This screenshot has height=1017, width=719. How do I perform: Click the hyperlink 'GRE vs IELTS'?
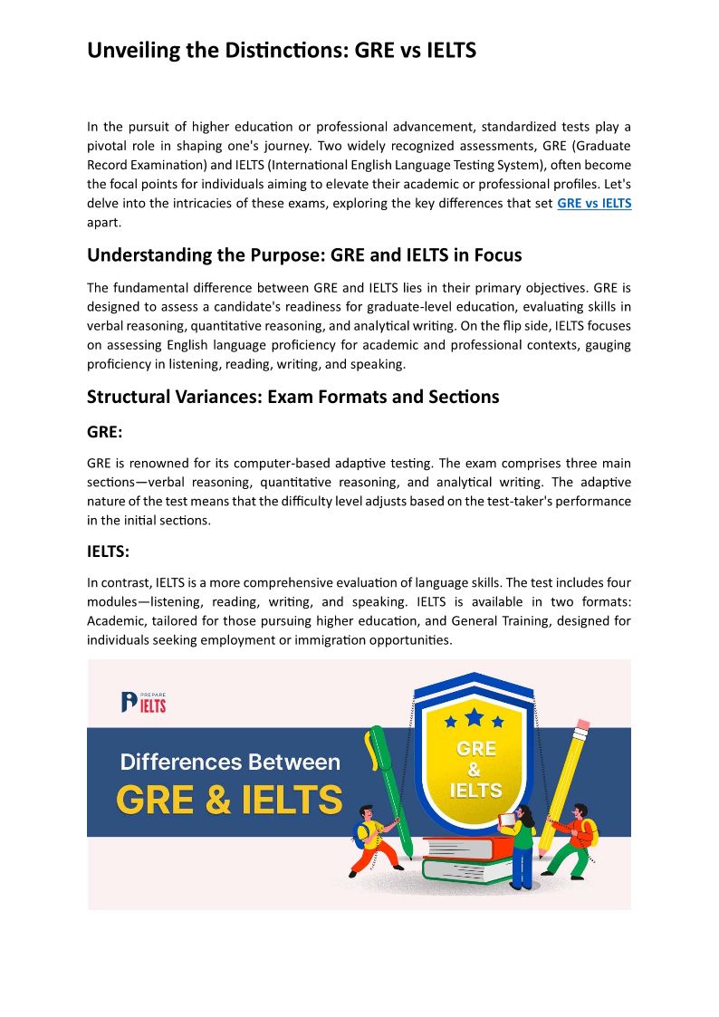(594, 203)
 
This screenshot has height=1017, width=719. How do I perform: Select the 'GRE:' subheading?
(105, 433)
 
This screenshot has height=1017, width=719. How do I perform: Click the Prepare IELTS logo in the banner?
(144, 701)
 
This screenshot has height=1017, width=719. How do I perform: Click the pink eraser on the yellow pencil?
(582, 724)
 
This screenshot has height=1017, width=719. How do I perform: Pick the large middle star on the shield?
(475, 717)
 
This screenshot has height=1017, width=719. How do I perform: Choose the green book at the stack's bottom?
(469, 871)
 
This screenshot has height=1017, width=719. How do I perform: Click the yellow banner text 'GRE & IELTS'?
(229, 801)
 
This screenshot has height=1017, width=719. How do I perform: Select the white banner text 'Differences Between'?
(230, 762)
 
